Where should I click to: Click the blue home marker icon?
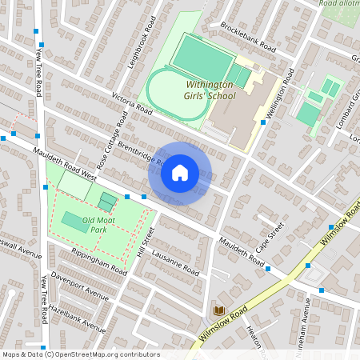180,173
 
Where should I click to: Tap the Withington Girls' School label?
211,90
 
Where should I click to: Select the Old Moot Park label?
88,225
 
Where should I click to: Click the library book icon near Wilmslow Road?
218,310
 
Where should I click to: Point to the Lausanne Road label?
174,262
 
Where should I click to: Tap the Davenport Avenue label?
78,285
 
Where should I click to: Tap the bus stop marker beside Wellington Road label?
263,123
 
